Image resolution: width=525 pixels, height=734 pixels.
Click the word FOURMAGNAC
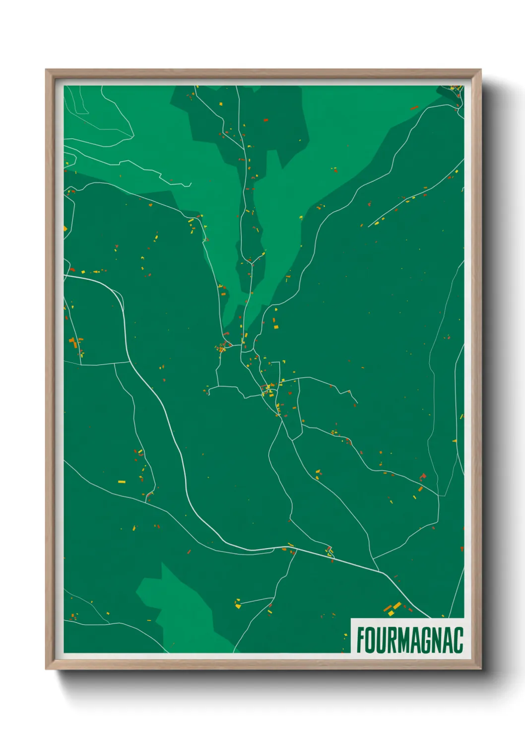409,640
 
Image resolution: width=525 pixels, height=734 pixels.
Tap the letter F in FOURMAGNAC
361,640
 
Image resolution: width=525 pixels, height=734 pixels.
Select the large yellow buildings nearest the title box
393,608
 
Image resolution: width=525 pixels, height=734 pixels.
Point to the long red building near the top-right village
414,107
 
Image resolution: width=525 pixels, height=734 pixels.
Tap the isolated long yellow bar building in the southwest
122,482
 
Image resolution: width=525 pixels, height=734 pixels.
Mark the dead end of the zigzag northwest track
191,184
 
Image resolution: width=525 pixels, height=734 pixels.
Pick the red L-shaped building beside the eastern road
423,477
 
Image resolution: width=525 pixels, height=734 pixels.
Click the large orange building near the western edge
72,341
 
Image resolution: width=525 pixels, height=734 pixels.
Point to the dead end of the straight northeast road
369,226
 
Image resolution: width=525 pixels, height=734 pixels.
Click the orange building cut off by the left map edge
65,228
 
